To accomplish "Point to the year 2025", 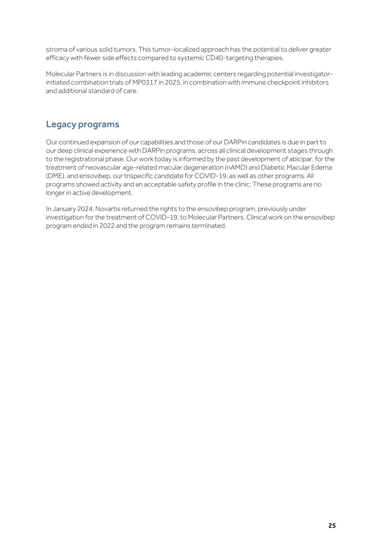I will tap(172, 82).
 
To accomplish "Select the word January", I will tap(64, 209).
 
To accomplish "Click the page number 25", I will tap(332, 525).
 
